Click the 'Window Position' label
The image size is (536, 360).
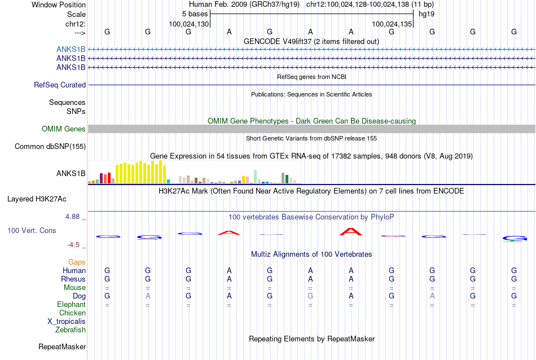pyautogui.click(x=59, y=5)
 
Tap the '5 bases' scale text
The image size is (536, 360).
pyautogui.click(x=195, y=14)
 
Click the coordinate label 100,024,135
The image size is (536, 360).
pyautogui.click(x=392, y=24)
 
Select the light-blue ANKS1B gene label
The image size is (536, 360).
pyautogui.click(x=71, y=49)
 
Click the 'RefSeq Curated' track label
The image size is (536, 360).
pyautogui.click(x=60, y=85)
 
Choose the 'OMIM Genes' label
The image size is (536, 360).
pyautogui.click(x=64, y=129)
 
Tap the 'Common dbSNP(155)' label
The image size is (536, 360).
pyautogui.click(x=50, y=146)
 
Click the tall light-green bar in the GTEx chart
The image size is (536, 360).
pyautogui.click(x=255, y=177)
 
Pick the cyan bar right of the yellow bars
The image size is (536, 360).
pyautogui.click(x=168, y=182)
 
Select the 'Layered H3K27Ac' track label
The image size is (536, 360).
pyautogui.click(x=37, y=199)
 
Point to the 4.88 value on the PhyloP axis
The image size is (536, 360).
pyautogui.click(x=72, y=217)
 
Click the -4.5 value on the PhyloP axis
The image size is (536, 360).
pyautogui.click(x=73, y=245)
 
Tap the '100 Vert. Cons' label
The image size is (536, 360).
pyautogui.click(x=32, y=230)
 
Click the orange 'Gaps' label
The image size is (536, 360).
pyautogui.click(x=77, y=262)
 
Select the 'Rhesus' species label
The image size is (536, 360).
pyautogui.click(x=73, y=279)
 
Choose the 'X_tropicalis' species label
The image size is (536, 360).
pyautogui.click(x=67, y=322)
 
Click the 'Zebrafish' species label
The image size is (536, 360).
pyautogui.click(x=71, y=330)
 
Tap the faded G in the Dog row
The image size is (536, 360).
pyautogui.click(x=310, y=296)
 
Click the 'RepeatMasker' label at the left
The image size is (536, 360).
pyautogui.click(x=62, y=346)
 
